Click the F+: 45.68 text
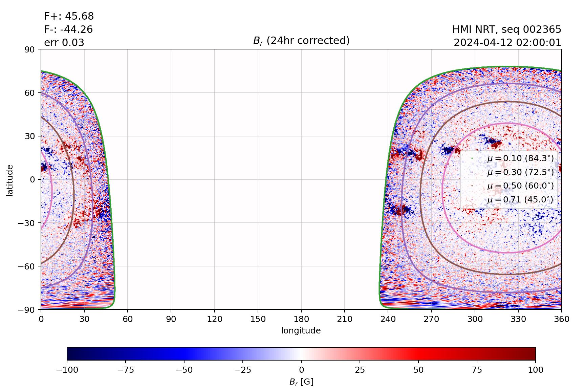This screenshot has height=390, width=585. coord(69,16)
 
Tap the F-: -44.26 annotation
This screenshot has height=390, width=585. coord(68,29)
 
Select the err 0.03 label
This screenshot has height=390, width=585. coord(64,43)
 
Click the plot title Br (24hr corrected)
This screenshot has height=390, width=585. coord(301,41)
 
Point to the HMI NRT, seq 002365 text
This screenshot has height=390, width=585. coord(506,29)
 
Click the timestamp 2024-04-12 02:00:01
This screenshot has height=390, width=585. coord(507,43)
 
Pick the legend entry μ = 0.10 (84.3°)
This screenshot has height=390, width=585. coord(520,158)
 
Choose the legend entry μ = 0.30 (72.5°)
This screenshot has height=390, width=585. coord(520,172)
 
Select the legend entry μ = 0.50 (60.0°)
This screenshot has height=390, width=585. coord(520,186)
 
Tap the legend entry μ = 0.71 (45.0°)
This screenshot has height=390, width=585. coord(520,200)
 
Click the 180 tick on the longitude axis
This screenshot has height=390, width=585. coord(301,319)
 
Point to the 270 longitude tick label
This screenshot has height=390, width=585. coord(431,319)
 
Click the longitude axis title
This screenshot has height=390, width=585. coord(301,330)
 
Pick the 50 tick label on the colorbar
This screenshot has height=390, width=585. coord(418,370)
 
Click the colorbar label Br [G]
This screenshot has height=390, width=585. coord(301,382)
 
